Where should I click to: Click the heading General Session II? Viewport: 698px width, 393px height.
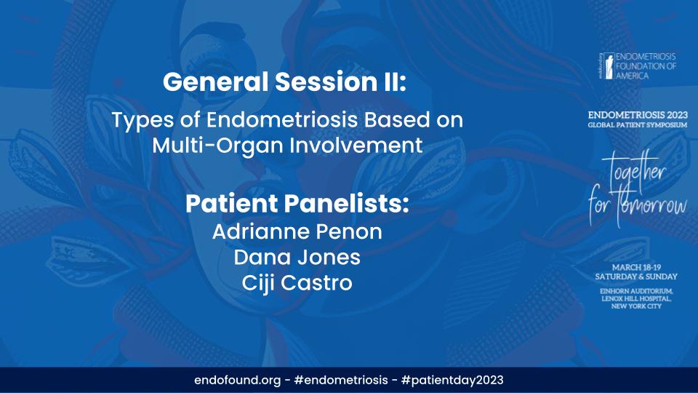tap(286, 82)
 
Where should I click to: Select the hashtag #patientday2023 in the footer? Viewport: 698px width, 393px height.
tap(452, 380)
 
